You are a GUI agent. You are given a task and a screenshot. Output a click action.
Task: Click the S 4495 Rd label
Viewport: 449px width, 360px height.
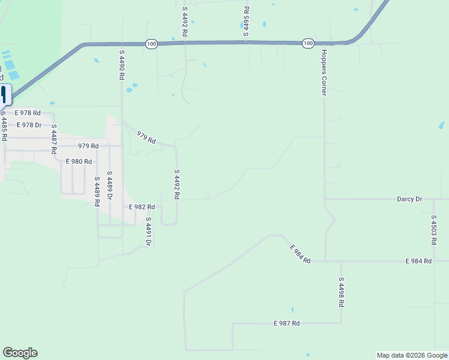click(246, 22)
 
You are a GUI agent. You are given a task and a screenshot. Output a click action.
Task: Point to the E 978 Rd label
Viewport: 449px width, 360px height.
click(28, 113)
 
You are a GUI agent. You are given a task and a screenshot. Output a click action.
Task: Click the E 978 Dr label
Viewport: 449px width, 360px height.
click(29, 125)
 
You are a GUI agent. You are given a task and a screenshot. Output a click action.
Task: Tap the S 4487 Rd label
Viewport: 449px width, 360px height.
click(54, 139)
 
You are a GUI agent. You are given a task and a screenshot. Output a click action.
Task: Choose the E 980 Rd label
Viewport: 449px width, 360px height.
click(79, 161)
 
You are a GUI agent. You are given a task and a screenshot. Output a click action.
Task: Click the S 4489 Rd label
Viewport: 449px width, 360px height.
click(96, 191)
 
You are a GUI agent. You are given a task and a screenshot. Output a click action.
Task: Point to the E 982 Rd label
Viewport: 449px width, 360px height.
click(142, 206)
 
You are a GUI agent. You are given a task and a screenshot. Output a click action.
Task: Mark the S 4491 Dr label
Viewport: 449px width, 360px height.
click(148, 232)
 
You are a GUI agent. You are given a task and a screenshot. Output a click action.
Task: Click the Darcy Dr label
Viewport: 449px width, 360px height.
click(409, 199)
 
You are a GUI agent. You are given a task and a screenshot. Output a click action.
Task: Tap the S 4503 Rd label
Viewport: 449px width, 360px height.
click(433, 229)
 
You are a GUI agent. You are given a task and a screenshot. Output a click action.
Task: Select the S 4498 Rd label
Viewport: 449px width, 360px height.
click(340, 292)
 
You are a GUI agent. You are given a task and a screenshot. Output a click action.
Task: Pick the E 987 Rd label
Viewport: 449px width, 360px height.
click(286, 323)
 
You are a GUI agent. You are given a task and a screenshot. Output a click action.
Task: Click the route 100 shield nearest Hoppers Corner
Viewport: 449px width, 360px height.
click(308, 43)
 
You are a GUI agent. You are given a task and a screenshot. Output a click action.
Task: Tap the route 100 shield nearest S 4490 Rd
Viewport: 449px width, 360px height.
click(151, 44)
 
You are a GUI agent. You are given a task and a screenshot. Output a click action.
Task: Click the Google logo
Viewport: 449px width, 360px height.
click(20, 353)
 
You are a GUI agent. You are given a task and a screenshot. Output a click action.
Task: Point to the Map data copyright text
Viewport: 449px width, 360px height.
click(412, 355)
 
